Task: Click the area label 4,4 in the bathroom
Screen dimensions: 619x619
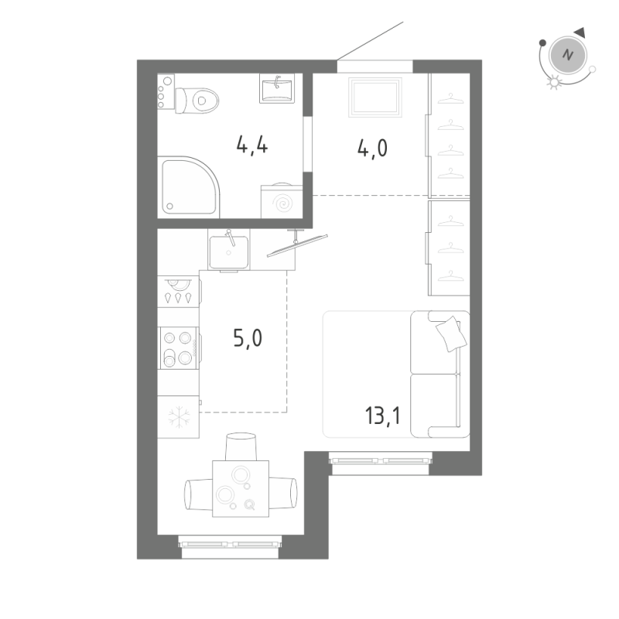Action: (253, 145)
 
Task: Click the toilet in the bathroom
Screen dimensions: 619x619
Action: (198, 99)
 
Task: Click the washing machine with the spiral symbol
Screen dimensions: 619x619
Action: (282, 202)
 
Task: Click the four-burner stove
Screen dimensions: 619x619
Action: (178, 348)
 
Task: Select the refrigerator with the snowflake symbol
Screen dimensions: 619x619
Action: (178, 417)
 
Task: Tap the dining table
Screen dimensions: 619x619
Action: (241, 488)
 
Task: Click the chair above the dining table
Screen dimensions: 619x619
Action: (241, 448)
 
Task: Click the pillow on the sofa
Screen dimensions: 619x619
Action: (449, 334)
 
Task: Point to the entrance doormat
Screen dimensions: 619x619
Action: (376, 96)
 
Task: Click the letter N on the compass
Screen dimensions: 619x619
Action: (569, 55)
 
